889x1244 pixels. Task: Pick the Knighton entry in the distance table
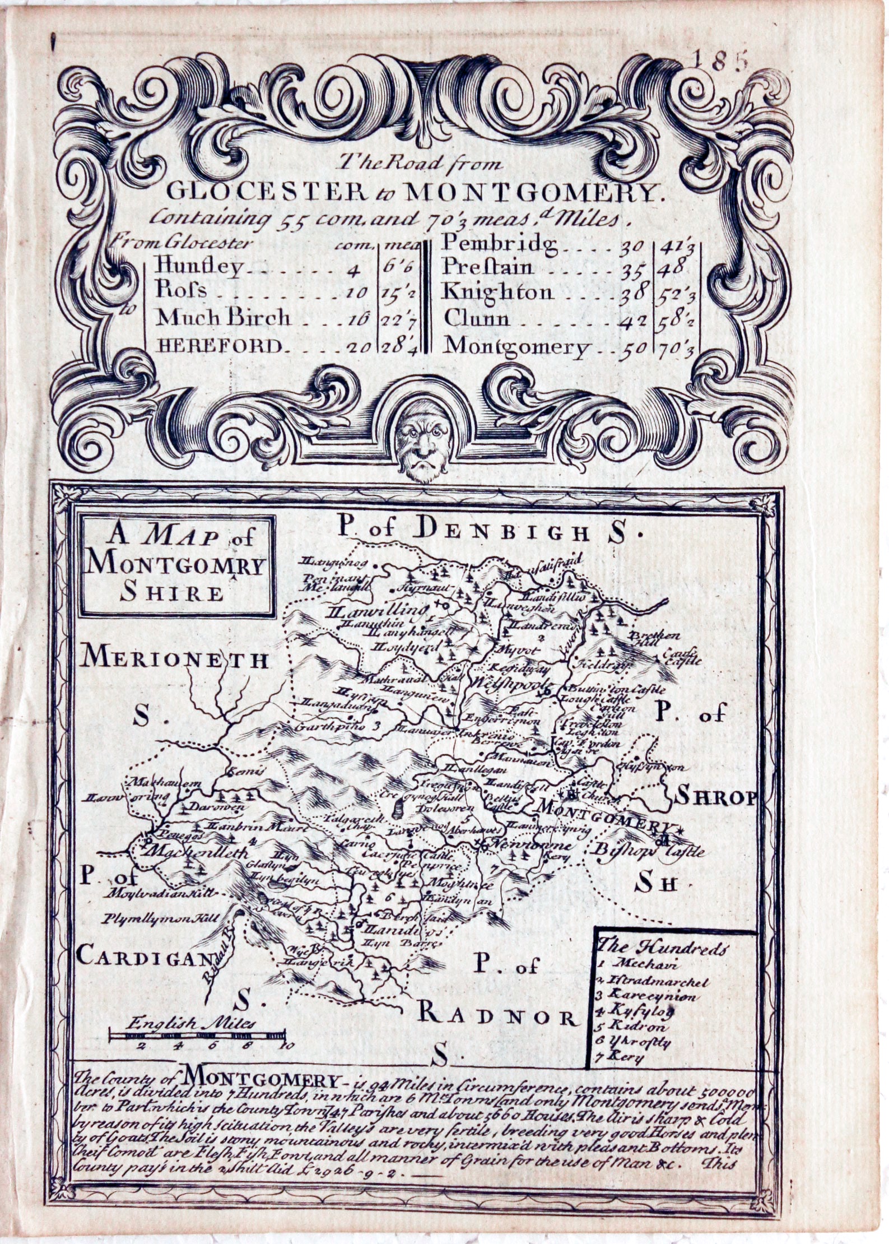pyautogui.click(x=497, y=292)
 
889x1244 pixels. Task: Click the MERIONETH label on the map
pyautogui.click(x=175, y=660)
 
